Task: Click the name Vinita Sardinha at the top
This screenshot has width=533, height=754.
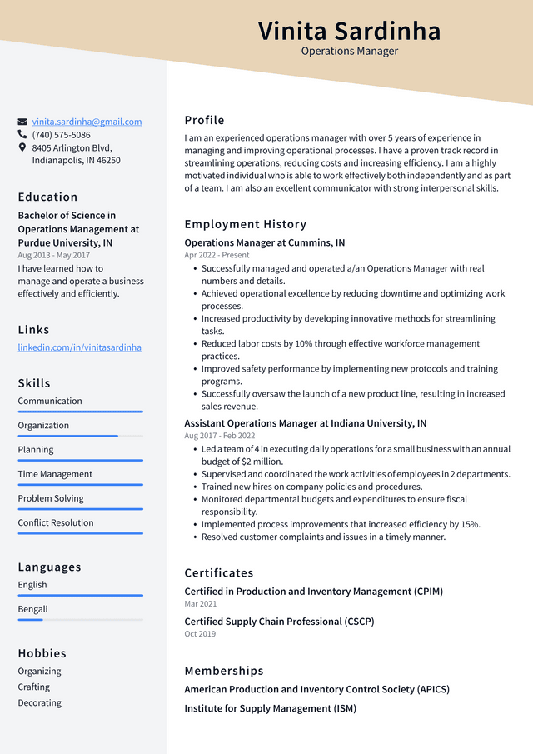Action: (349, 31)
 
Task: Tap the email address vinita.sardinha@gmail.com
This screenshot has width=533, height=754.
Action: (87, 122)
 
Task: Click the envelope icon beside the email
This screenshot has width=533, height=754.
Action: (22, 122)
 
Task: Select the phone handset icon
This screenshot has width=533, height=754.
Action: (22, 135)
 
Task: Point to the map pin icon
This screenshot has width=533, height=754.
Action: (22, 147)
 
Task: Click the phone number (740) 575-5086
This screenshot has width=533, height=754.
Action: (62, 135)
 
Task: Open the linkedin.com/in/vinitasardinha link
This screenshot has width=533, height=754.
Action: (80, 347)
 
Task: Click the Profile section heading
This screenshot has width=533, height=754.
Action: (204, 120)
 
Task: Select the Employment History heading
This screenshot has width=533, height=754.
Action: (245, 224)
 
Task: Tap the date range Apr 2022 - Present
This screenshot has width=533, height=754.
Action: (217, 256)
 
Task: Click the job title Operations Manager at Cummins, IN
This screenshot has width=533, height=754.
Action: (264, 243)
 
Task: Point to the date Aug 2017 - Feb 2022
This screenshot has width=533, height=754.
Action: (220, 436)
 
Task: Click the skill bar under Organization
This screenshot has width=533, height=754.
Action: (80, 436)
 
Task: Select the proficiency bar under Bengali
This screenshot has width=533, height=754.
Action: (80, 620)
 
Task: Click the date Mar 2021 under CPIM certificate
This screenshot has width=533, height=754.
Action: (200, 604)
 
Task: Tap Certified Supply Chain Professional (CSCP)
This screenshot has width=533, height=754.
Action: (279, 622)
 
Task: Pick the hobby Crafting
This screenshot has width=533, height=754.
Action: (34, 687)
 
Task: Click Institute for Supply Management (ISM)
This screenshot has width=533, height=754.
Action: (270, 709)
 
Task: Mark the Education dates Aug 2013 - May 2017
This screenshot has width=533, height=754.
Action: (53, 256)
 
